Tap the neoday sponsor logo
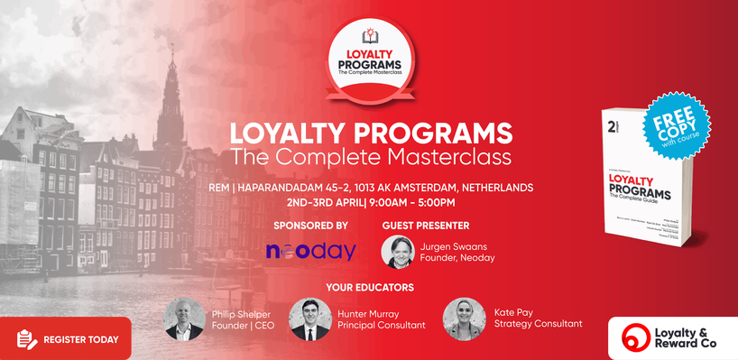pyautogui.click(x=310, y=251)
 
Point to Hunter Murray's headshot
pyautogui.click(x=309, y=318)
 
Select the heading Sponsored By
pyautogui.click(x=310, y=225)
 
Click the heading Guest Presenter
pyautogui.click(x=426, y=225)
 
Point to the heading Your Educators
pyautogui.click(x=370, y=287)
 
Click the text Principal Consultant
pyautogui.click(x=383, y=325)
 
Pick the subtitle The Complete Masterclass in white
pyautogui.click(x=371, y=157)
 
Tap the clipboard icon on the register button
pyautogui.click(x=26, y=339)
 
